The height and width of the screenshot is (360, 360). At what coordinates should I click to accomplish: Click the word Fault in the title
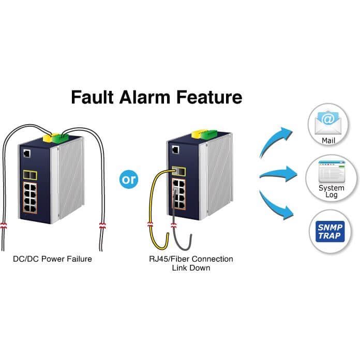92,97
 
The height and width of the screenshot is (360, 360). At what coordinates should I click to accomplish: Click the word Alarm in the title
145,97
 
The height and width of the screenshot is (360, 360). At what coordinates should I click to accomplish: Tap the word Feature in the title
209,97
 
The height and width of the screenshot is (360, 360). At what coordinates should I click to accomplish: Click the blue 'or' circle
129,179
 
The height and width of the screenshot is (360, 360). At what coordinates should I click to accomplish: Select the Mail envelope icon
328,123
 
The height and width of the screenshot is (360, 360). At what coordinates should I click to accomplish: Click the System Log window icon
332,172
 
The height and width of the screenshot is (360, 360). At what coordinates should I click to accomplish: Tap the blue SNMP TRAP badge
330,231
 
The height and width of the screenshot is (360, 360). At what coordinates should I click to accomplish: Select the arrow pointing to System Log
278,174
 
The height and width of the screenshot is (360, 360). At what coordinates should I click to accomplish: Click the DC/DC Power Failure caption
52,259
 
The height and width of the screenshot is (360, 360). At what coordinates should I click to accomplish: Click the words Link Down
191,268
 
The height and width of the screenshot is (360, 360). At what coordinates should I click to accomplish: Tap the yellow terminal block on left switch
48,138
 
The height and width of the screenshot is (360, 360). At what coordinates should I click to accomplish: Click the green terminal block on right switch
208,134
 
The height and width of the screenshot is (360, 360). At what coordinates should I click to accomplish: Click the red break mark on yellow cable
151,224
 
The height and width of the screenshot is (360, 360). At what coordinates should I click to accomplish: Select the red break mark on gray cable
174,226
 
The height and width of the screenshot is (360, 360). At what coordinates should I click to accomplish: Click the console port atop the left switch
27,154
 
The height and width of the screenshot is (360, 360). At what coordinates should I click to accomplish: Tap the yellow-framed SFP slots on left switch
30,175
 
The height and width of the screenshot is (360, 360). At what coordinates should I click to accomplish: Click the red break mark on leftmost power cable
4,226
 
